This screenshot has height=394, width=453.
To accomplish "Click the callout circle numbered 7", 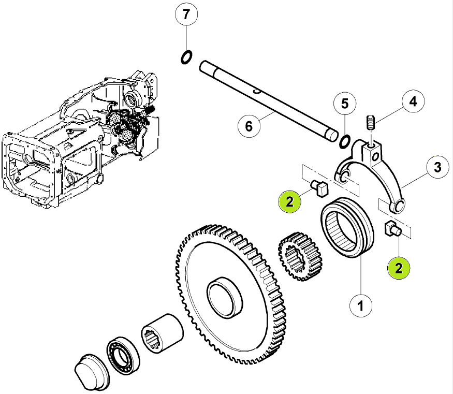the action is (186, 14).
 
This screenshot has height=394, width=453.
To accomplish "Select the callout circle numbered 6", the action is (249, 126).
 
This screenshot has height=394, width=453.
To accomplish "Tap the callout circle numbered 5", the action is (345, 104).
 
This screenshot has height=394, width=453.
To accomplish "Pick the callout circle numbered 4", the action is (414, 101).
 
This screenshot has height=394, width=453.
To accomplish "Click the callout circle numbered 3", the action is (438, 167).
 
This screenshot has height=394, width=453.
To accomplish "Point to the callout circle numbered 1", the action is (360, 305).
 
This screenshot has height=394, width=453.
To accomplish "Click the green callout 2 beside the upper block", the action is (290, 201).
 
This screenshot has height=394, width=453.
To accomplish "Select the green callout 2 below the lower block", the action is (399, 268).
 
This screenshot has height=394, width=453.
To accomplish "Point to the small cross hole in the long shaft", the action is (256, 92).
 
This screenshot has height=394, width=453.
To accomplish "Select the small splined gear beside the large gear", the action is (300, 256).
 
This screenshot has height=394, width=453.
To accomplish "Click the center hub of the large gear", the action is (225, 298).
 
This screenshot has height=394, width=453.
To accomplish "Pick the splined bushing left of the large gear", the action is (163, 333).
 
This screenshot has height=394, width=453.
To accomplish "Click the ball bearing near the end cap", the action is (123, 355).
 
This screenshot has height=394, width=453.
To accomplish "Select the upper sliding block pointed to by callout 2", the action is (319, 188).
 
